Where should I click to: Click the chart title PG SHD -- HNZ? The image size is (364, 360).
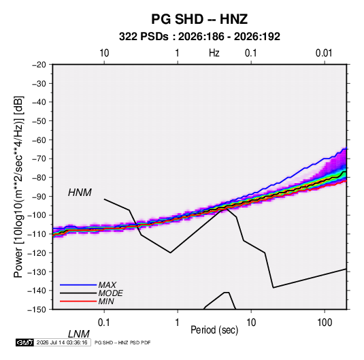pos(199,19)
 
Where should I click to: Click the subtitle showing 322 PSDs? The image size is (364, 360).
pos(199,37)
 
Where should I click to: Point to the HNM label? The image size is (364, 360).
pos(80,193)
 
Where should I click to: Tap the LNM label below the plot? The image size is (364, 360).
pos(79,334)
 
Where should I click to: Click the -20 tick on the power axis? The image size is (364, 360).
pos(39,65)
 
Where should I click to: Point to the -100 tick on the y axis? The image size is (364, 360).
pos(37,215)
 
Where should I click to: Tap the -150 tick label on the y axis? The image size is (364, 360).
pos(37,310)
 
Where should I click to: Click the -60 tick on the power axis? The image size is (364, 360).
pos(39,140)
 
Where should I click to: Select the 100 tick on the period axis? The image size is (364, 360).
pos(325,322)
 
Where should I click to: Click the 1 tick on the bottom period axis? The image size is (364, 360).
pos(178,322)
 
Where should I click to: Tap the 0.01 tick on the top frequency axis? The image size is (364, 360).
pos(324,53)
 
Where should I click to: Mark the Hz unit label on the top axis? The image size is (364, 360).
pos(214,53)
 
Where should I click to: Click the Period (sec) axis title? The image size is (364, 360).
pos(214,330)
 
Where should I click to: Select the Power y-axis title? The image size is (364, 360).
pos(18,187)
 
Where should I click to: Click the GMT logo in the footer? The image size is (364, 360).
pos(24,342)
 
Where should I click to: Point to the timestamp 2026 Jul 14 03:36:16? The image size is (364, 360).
pos(62,342)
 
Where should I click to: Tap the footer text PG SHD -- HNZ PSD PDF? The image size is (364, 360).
pos(122,342)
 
